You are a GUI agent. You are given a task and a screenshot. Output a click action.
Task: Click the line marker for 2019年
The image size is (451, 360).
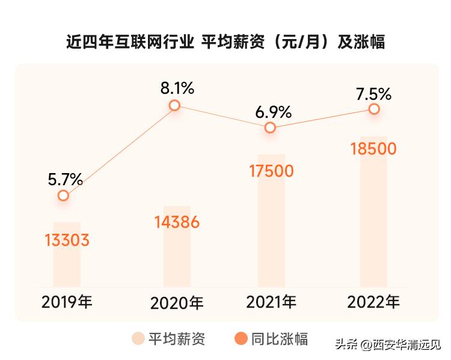64,195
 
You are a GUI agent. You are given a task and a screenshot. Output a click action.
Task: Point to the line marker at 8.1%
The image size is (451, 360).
174,105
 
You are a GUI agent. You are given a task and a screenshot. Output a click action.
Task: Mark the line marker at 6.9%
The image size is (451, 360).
271,127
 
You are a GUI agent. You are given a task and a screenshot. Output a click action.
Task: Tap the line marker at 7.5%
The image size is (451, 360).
374,109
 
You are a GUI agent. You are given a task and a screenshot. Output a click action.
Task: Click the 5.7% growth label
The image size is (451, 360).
65,178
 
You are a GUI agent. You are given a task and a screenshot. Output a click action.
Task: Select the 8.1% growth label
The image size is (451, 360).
177,88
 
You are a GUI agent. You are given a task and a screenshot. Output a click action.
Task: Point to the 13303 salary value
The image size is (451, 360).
67,240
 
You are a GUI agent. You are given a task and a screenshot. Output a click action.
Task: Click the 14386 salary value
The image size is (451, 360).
177,222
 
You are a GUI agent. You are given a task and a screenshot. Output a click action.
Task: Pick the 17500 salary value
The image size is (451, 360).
271,171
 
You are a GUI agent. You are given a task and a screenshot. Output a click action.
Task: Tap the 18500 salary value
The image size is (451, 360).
373,148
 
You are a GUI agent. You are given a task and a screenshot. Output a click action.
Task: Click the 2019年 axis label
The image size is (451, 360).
67,302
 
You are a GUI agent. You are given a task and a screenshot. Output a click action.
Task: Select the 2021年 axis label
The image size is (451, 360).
271,302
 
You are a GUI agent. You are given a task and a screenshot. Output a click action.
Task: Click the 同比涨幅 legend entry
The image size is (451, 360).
271,338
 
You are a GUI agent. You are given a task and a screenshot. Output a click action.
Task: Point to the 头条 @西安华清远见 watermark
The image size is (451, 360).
387,344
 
